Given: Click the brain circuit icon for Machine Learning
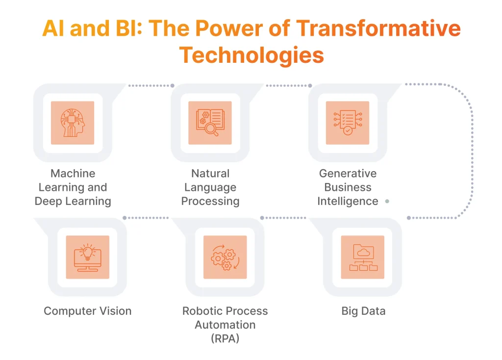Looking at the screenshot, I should point(73,123).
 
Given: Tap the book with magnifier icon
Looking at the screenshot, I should point(210,123).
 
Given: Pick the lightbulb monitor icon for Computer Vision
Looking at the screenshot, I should point(88,257).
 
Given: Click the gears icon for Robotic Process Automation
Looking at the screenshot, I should point(225,257).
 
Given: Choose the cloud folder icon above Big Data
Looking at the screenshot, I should point(363,257).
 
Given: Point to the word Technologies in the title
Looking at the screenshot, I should point(251,55).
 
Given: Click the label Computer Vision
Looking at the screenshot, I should point(88,311).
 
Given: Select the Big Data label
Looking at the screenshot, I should point(363,311).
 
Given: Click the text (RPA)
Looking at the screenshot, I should point(225,338).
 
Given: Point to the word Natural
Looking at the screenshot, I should point(210,174).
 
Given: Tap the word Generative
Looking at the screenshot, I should point(348,174).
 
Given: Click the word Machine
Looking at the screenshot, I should point(73,174).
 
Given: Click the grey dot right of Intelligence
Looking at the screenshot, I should point(387,201).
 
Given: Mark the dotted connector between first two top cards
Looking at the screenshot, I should point(151,85).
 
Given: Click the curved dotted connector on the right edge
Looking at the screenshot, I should point(472,152).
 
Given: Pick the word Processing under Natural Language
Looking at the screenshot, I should point(210,201).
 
